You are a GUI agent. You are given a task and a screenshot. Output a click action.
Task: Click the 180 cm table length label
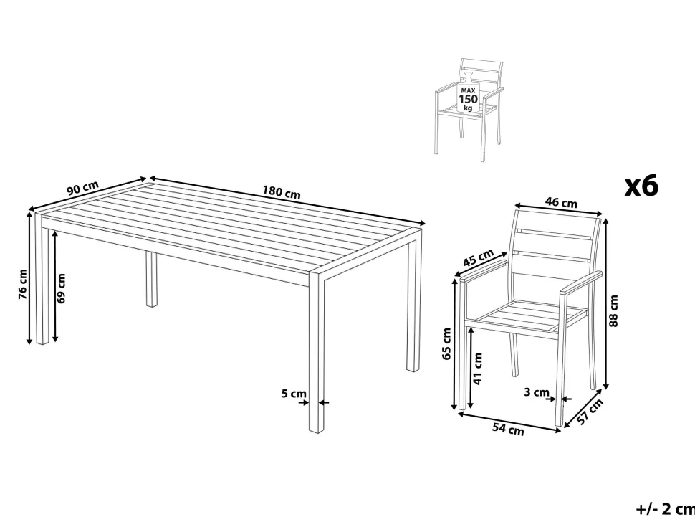(281, 193)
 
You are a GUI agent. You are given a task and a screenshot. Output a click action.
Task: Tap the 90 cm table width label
(82, 188)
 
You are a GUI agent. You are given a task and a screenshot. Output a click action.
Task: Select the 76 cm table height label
(23, 284)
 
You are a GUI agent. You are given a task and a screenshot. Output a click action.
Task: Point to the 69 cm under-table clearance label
(61, 288)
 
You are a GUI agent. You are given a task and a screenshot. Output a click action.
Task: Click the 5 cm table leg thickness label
(294, 394)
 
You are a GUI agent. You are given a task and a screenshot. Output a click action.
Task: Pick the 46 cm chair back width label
(561, 203)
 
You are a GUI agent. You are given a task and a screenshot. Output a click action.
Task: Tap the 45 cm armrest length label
(478, 257)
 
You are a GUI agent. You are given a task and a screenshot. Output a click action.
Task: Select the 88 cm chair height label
(613, 311)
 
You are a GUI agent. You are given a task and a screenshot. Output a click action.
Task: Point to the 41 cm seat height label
(477, 368)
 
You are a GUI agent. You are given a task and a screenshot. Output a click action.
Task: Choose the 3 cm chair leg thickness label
(537, 392)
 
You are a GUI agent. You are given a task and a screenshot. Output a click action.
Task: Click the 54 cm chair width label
(508, 429)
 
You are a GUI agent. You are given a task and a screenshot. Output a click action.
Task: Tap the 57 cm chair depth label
(590, 412)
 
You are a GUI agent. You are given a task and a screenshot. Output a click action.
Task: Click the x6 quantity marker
(641, 186)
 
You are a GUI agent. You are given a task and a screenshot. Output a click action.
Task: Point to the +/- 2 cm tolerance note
(666, 508)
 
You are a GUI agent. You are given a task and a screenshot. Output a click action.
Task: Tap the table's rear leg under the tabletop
(151, 279)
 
